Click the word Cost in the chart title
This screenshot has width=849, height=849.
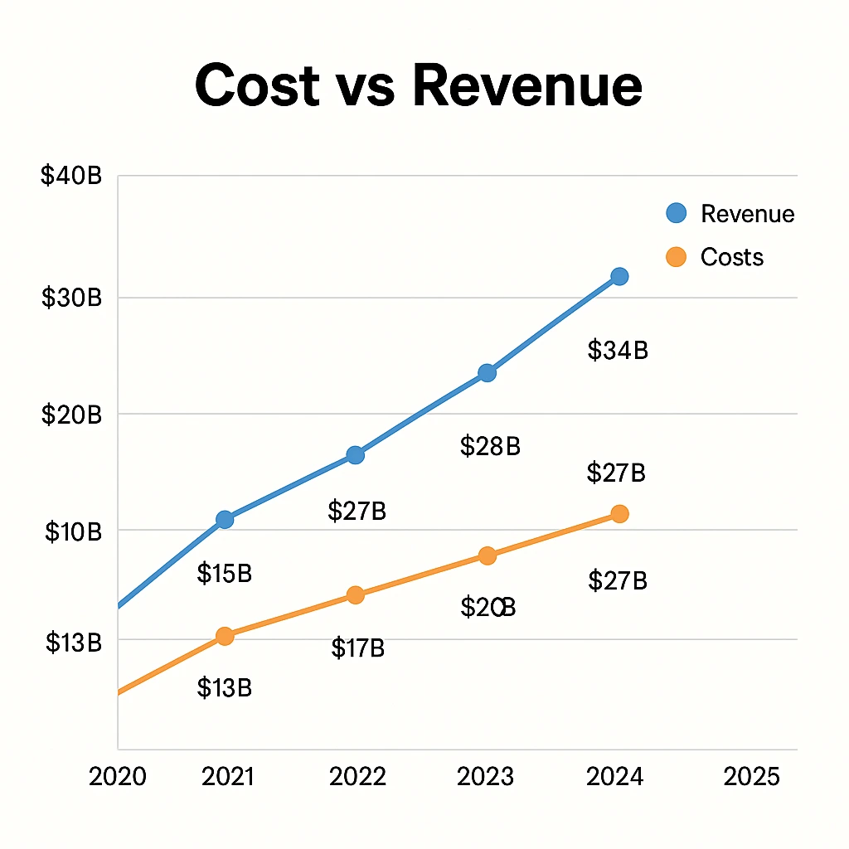[x=257, y=85]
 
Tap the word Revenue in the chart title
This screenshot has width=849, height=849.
[x=527, y=85]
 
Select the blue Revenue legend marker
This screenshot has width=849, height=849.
[x=677, y=213]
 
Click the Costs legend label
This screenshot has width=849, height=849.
[x=731, y=257]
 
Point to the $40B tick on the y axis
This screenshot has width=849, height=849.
[x=70, y=177]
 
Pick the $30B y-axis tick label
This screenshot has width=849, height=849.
[x=70, y=298]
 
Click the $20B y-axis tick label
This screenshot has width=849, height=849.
[x=70, y=415]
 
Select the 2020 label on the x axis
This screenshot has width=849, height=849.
[x=117, y=777]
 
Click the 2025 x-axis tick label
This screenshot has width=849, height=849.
[x=752, y=777]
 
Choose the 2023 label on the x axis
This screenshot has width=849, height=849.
[x=486, y=777]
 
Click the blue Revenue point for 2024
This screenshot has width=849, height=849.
[x=619, y=276]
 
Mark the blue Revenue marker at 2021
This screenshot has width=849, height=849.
[x=224, y=519]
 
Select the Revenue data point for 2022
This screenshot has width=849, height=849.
[x=355, y=454]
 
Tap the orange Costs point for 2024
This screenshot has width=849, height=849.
[x=619, y=514]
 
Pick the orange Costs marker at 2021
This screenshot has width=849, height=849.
[x=224, y=636]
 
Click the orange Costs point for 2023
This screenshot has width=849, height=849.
[x=488, y=555]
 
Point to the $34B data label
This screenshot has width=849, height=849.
[x=618, y=351]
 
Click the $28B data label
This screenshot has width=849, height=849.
[x=489, y=447]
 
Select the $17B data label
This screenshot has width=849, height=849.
[x=357, y=648]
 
